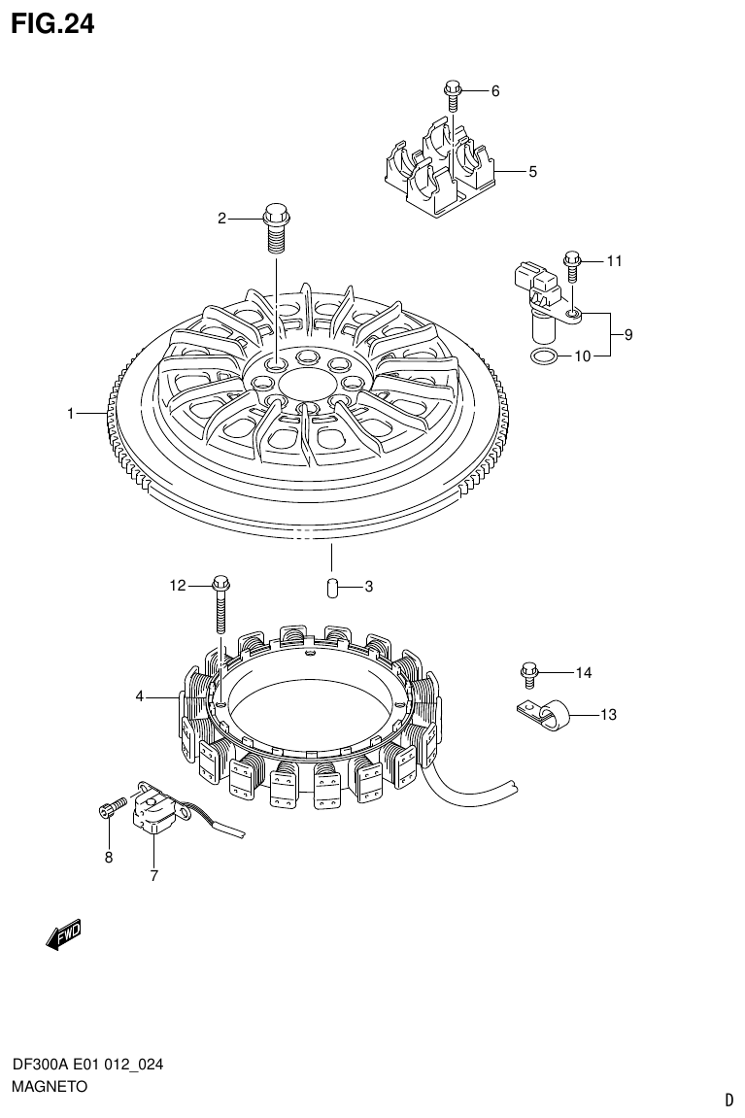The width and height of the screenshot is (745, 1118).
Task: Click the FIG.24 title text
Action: pos(53,23)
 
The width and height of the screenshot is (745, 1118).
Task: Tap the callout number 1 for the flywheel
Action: pos(71,414)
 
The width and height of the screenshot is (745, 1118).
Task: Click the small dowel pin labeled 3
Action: pos(329,587)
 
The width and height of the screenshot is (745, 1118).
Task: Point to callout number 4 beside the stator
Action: pos(140,696)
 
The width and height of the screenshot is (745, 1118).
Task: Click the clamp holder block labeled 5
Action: pos(436,174)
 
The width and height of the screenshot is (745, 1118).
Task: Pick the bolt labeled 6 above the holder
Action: pos(452,93)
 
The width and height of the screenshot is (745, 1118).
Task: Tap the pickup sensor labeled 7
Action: pos(154,809)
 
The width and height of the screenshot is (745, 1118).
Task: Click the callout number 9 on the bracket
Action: pos(628,335)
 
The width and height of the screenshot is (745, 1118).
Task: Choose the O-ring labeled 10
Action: pos(545,356)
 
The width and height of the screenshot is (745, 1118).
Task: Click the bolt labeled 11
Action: pos(572,262)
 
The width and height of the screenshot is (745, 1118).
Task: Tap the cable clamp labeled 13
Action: pos(543,718)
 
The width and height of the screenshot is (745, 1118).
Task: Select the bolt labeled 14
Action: pos(529,671)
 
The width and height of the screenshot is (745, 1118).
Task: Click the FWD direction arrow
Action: pos(64,934)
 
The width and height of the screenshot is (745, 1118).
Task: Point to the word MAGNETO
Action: pos(50,1087)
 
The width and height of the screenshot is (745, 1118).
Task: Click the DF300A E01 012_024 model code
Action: pos(87,1066)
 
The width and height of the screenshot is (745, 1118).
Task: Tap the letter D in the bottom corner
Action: pos(728,1101)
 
